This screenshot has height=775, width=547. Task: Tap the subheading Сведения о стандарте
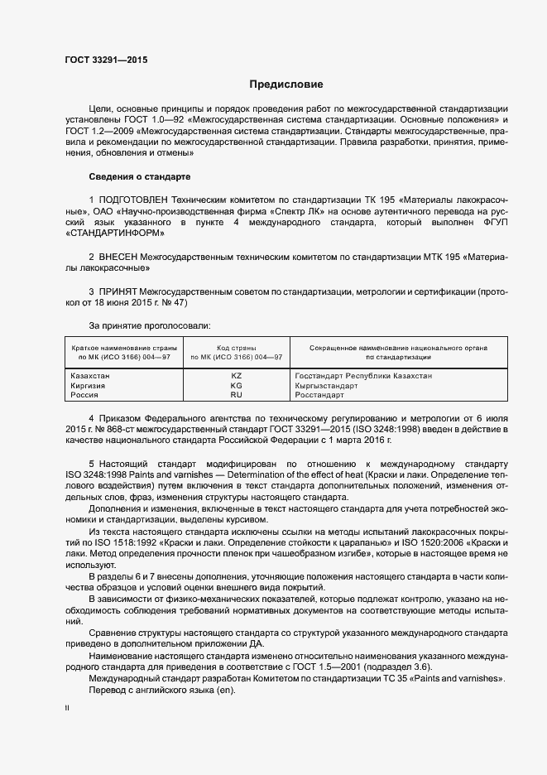pos(140,177)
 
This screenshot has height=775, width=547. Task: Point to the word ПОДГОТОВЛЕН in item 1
pos(132,200)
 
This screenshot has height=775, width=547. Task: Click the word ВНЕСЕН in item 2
pos(118,258)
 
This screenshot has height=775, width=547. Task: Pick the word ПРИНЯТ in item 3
pos(118,292)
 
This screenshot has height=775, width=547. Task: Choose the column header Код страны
pos(236,348)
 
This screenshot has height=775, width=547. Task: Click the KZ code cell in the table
pos(236,376)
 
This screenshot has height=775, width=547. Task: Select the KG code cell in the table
pos(236,386)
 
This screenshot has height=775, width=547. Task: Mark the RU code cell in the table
pos(236,396)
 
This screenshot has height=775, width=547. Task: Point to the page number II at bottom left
pos(67,709)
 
